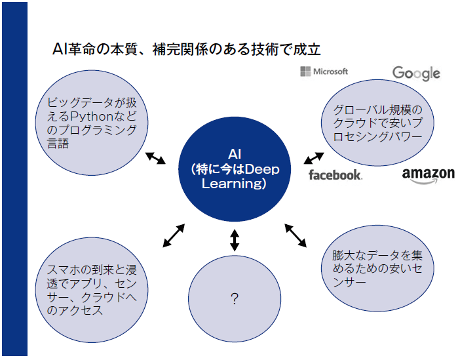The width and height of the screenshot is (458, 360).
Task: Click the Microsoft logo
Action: coord(324,71)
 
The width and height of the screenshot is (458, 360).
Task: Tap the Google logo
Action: coord(416,73)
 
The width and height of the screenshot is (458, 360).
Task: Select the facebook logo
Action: coord(335,174)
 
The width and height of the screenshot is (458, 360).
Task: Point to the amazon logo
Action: coord(428,174)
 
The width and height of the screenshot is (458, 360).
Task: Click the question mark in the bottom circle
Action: coord(234,299)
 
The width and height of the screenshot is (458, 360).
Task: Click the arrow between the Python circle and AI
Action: coord(155,158)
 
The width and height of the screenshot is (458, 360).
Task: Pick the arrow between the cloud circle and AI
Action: coord(314,157)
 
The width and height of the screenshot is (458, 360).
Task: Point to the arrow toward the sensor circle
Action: coord(296,235)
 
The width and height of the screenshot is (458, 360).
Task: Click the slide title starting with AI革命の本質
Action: coord(186,50)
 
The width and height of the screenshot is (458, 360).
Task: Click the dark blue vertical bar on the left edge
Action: coord(14,180)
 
